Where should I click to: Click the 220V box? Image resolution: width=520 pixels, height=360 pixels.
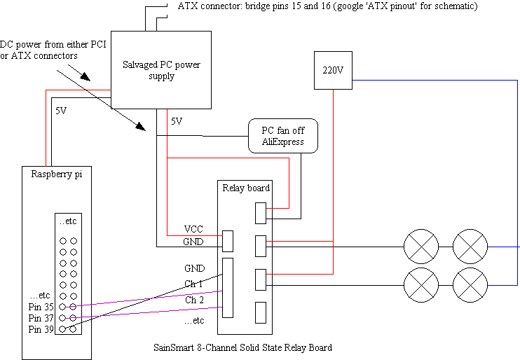click(333, 70)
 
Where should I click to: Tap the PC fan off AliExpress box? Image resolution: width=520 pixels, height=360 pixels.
click(283, 136)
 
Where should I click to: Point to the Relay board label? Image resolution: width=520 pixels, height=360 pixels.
click(246, 188)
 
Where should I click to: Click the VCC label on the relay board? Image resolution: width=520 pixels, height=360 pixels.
click(194, 229)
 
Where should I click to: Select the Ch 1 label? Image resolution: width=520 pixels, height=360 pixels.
click(193, 284)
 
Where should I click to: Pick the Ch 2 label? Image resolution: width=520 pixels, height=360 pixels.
click(193, 300)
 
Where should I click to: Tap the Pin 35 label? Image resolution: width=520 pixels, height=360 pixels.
click(41, 306)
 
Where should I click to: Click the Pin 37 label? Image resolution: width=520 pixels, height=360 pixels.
click(41, 317)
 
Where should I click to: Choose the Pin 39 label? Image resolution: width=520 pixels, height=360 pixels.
click(41, 328)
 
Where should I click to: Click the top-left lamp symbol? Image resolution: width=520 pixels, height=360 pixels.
click(421, 247)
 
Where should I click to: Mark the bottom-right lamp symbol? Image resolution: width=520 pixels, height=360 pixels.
click(470, 285)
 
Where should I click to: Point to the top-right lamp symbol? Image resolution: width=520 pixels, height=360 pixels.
click(470, 247)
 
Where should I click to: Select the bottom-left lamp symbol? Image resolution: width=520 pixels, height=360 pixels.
click(421, 285)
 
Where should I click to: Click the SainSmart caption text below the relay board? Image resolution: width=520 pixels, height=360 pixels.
click(242, 347)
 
